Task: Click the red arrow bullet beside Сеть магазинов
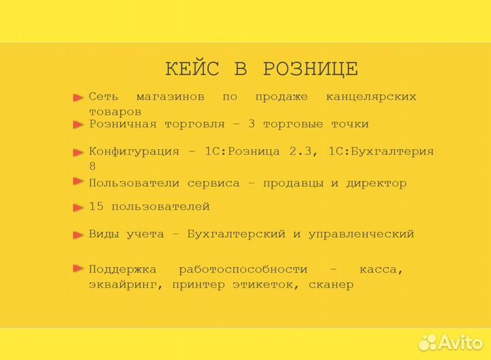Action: [x=78, y=97]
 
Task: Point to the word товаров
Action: [x=115, y=111]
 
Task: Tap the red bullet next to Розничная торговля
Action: [x=78, y=125]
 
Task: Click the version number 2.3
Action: [x=302, y=151]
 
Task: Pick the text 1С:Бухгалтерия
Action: [x=381, y=151]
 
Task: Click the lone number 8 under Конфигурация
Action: [x=93, y=166]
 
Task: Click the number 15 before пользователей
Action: [x=96, y=207]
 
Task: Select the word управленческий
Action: [x=361, y=234]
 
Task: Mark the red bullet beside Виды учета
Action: [x=78, y=235]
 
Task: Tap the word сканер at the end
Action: [x=331, y=284]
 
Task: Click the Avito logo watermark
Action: [x=450, y=342]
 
